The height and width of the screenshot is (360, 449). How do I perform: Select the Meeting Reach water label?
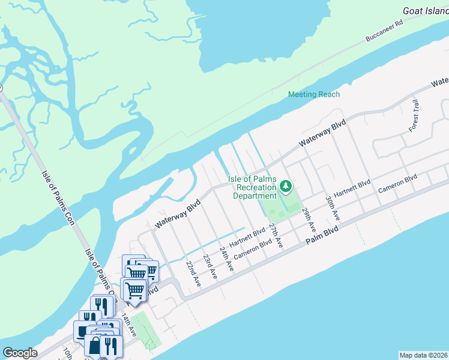click(x=313, y=94)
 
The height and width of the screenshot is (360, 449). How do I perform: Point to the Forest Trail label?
click(x=413, y=115)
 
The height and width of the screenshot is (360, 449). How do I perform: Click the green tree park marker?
click(x=287, y=185)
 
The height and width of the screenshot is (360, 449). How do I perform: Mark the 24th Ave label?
click(x=226, y=259)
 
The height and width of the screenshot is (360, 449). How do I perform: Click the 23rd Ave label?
click(x=209, y=266)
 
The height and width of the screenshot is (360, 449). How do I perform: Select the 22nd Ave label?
click(x=193, y=272)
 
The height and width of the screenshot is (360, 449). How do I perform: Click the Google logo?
click(x=20, y=353)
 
